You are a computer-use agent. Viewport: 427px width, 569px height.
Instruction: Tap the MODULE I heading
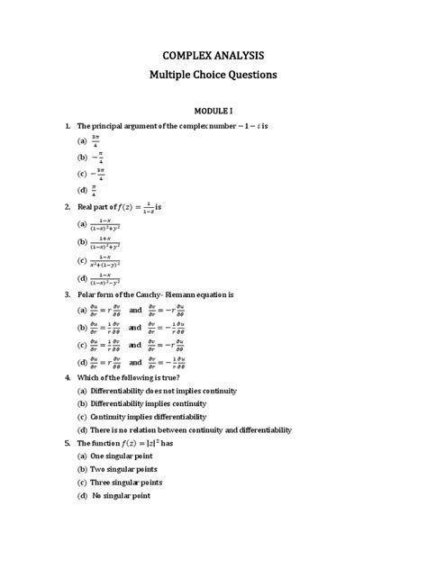point(213,109)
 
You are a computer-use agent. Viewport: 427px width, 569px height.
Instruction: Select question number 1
point(68,126)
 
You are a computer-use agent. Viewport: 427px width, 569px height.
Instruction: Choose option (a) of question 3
point(132,310)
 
